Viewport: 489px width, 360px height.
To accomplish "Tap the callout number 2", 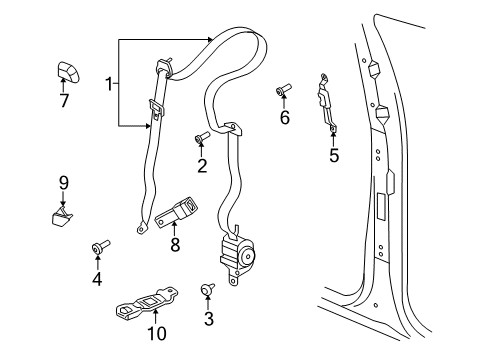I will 201,166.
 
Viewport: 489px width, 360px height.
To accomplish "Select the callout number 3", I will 208,319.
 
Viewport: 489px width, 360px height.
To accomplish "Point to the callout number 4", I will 97,279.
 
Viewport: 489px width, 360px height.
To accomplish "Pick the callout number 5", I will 334,155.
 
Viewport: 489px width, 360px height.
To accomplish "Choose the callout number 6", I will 285,118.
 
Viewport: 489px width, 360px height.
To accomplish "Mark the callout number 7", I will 64,102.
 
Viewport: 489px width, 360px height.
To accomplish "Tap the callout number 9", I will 62,182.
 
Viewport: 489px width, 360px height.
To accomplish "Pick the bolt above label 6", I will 282,94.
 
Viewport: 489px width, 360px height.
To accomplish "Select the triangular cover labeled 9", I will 62,215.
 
